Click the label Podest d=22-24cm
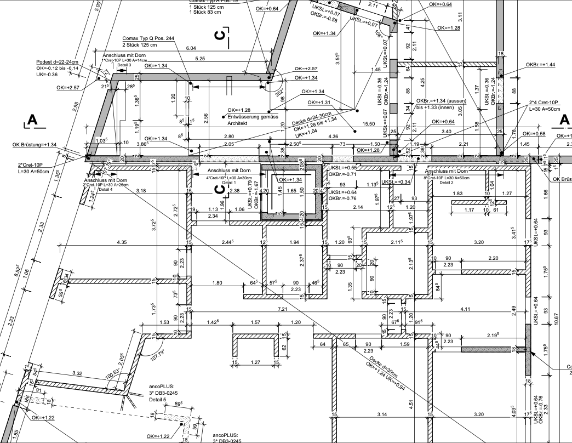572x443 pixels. [58, 61]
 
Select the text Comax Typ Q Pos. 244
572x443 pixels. [148, 38]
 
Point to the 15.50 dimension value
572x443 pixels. [368, 124]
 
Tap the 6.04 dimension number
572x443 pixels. [191, 48]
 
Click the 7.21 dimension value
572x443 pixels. [283, 310]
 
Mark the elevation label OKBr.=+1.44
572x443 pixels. [541, 65]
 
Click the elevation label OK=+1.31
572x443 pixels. [319, 103]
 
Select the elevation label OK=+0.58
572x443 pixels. [534, 134]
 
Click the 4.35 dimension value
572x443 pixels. [122, 242]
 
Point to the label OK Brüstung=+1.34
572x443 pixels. [35, 145]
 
